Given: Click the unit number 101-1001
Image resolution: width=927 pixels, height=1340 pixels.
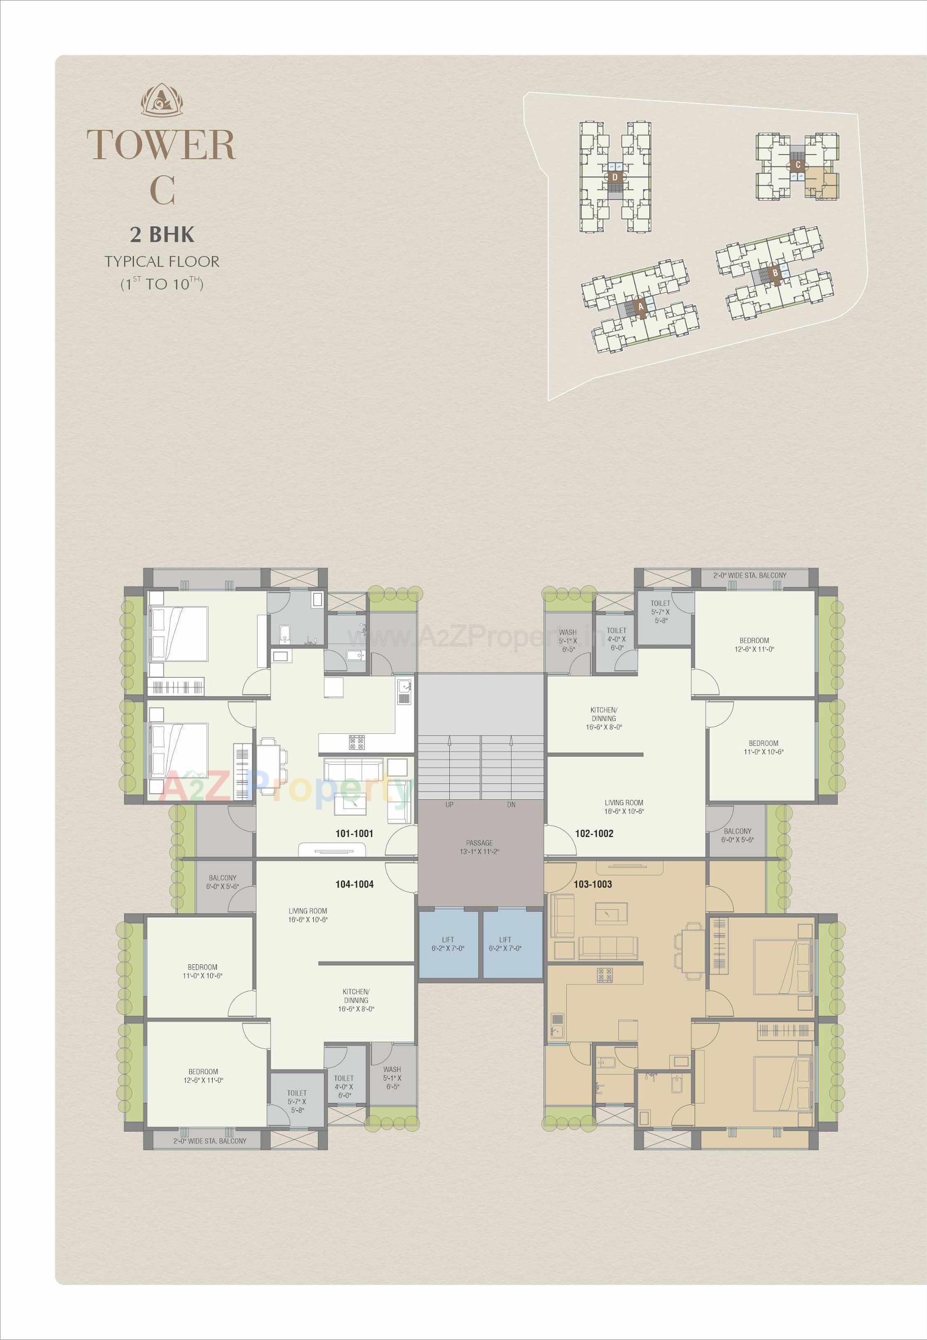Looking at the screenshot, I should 355,833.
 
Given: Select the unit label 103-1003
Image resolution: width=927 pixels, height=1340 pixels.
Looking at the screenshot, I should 593,884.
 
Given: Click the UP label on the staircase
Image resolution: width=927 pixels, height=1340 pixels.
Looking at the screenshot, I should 449,805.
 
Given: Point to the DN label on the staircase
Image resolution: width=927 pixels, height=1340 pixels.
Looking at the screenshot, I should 511,805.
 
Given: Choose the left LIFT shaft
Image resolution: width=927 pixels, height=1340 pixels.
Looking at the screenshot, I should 448,944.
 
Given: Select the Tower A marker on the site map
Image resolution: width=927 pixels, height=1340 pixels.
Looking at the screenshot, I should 640,306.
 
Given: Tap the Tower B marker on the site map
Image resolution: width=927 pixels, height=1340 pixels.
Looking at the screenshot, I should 774,272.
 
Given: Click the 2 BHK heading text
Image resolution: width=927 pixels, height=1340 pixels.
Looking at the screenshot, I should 162,234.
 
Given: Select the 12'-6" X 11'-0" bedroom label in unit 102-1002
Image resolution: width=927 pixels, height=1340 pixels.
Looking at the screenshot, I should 754,645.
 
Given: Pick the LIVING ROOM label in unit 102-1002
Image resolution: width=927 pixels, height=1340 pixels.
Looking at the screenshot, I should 624,807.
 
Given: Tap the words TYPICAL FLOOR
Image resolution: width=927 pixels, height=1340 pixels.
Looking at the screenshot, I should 162,261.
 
